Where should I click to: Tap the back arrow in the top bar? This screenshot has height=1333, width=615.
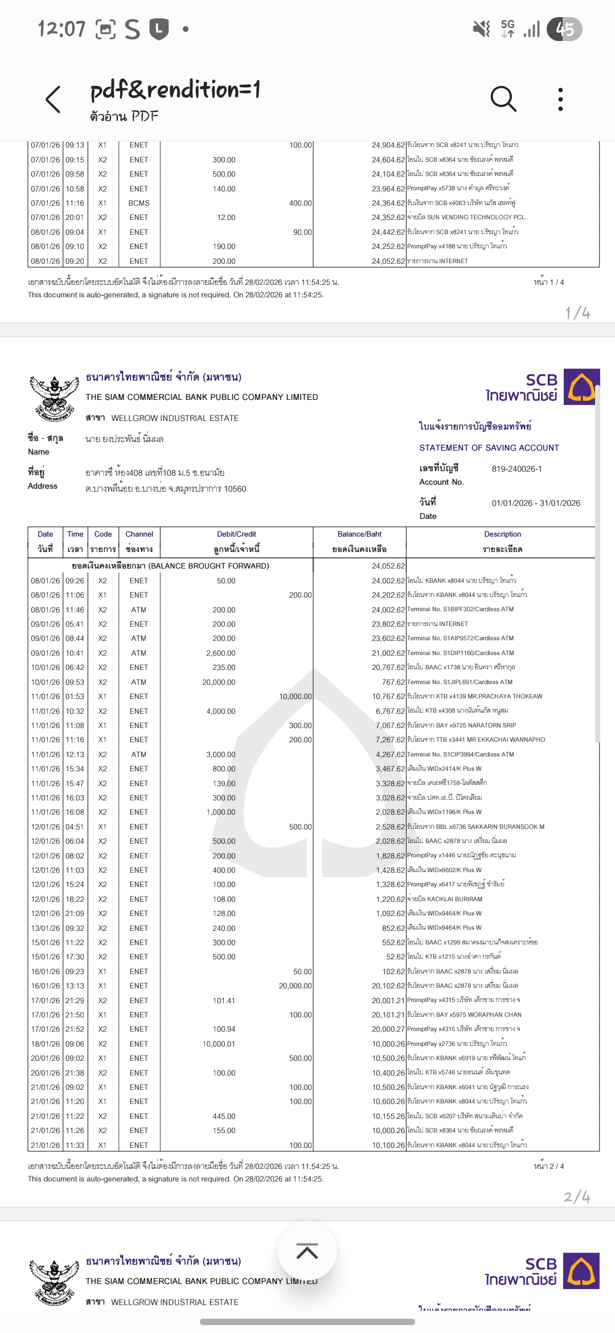pyautogui.click(x=53, y=100)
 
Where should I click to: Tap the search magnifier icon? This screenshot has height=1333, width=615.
pyautogui.click(x=503, y=99)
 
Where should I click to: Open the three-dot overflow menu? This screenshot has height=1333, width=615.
pyautogui.click(x=560, y=99)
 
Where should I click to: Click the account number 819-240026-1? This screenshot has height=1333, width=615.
pyautogui.click(x=516, y=469)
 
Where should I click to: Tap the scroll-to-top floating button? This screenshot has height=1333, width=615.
pyautogui.click(x=307, y=1252)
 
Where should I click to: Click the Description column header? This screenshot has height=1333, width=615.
pyautogui.click(x=502, y=534)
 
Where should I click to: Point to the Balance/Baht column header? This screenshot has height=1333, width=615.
pyautogui.click(x=359, y=534)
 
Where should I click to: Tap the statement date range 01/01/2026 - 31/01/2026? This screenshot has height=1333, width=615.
pyautogui.click(x=536, y=503)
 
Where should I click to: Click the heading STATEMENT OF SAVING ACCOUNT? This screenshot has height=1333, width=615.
pyautogui.click(x=489, y=448)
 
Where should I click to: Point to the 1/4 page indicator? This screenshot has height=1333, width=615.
pyautogui.click(x=577, y=313)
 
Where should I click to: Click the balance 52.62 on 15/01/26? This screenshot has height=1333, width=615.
pyautogui.click(x=395, y=957)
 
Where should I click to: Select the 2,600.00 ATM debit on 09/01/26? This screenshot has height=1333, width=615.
pyautogui.click(x=220, y=653)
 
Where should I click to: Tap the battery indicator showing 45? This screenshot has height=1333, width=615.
pyautogui.click(x=564, y=29)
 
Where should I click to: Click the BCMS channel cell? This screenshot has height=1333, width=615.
pyautogui.click(x=139, y=203)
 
